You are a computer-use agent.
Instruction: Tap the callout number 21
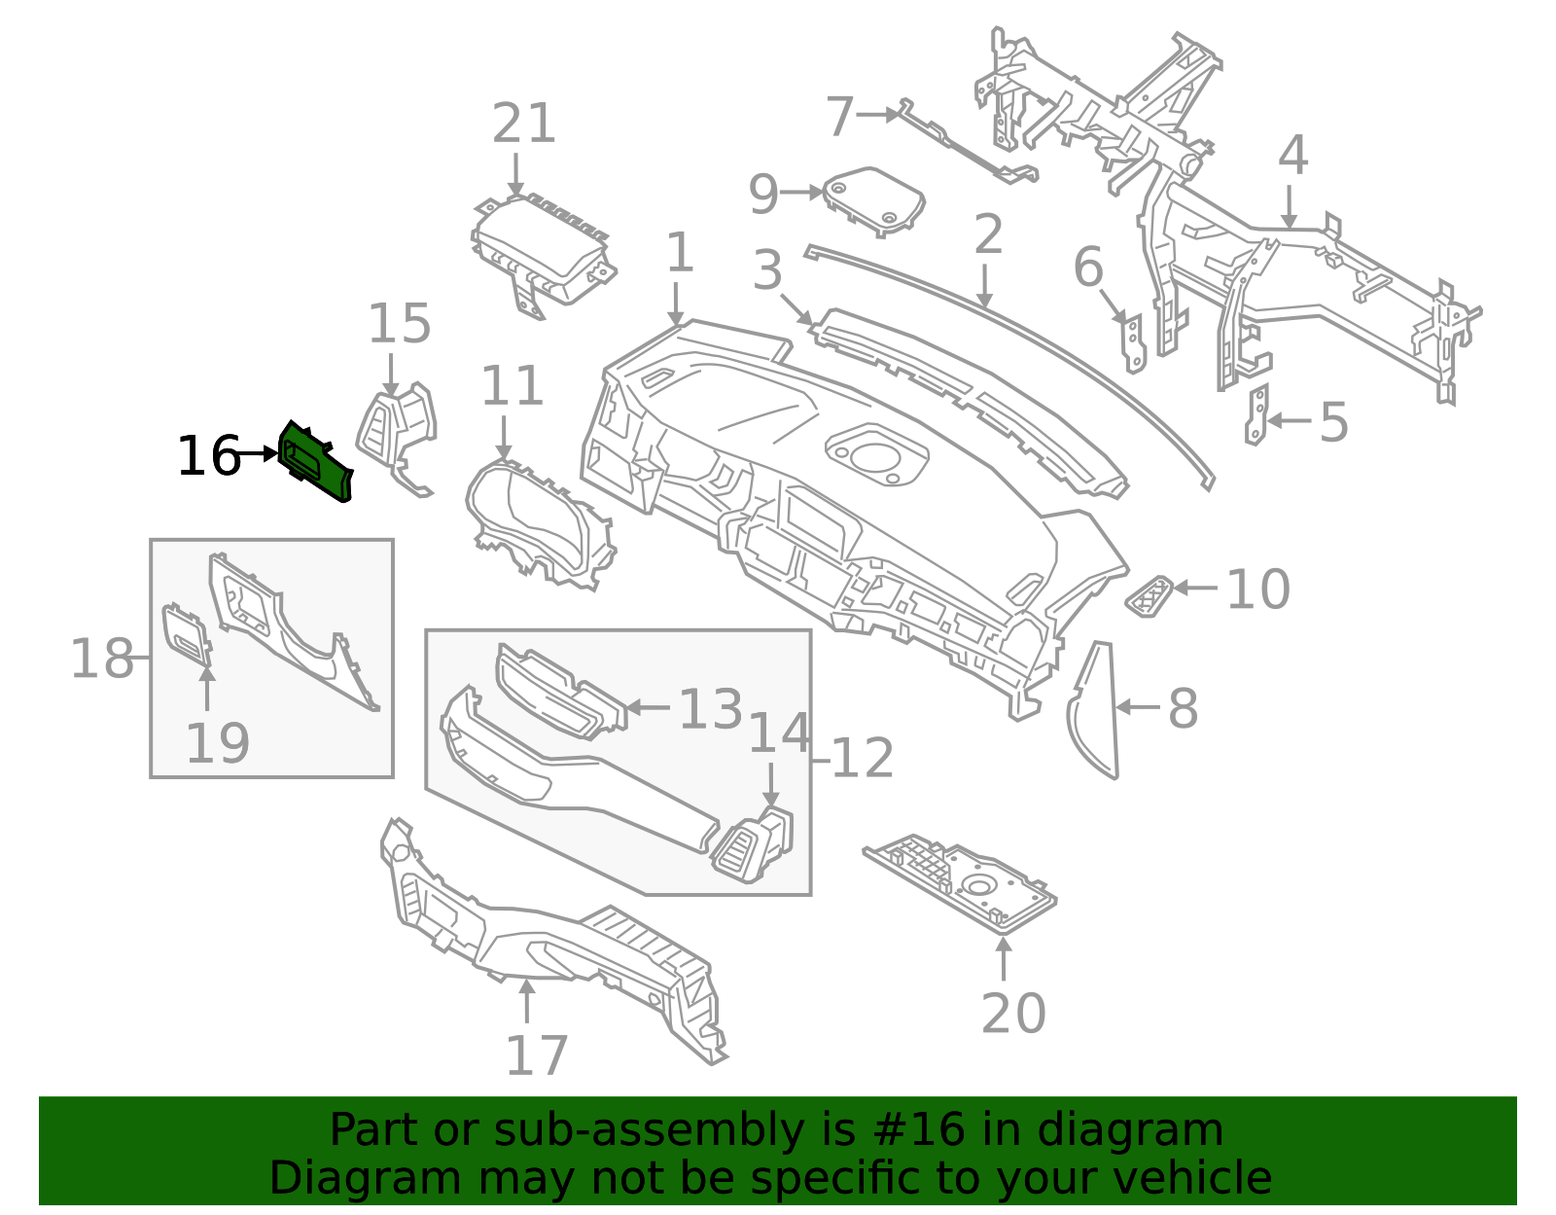tap(523, 125)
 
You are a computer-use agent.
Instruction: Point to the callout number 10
tap(1257, 590)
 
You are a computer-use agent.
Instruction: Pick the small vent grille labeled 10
tap(1149, 595)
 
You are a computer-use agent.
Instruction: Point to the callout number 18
tap(102, 660)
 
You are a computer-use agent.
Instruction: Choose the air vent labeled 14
tap(755, 843)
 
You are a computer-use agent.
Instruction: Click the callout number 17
tap(536, 1056)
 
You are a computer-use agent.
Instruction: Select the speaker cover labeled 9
tap(873, 199)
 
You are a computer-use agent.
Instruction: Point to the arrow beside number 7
tap(881, 115)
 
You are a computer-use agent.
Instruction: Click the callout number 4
tap(1291, 156)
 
